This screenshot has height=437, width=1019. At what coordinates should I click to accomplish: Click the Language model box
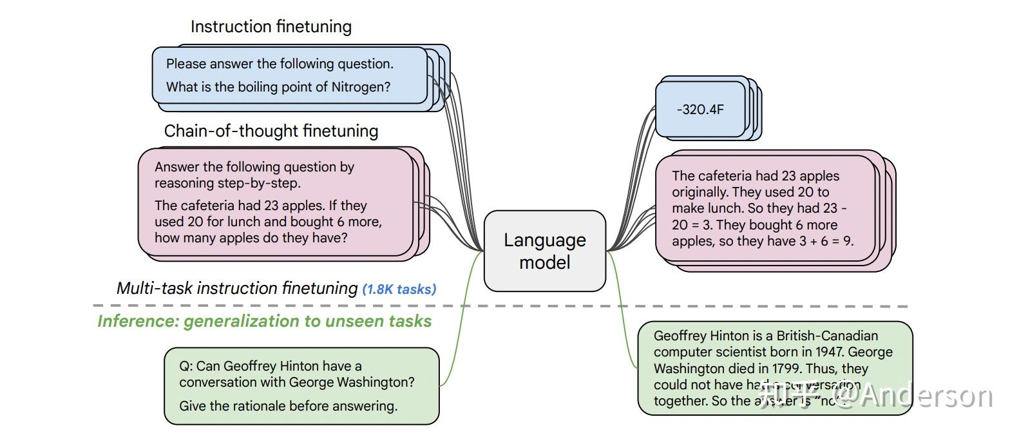[544, 251]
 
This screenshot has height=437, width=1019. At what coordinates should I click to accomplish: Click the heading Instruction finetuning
[271, 27]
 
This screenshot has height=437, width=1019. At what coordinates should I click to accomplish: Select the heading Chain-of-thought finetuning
[271, 131]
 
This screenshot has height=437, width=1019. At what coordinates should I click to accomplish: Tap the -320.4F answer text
[700, 110]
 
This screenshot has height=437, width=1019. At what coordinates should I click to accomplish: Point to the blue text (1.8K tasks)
[399, 289]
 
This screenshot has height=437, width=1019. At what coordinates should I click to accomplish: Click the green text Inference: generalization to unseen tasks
[264, 321]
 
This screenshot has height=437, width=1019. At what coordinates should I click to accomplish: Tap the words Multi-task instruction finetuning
[236, 288]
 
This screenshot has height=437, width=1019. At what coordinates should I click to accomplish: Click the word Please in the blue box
[186, 64]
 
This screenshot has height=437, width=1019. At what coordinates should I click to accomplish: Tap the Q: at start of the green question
[186, 366]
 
